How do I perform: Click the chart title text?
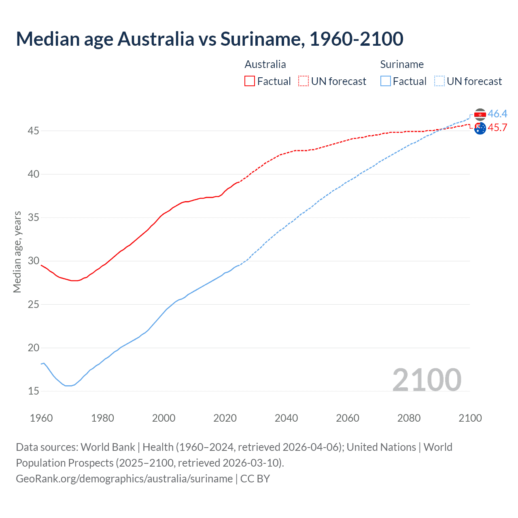210,39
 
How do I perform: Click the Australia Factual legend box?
250,81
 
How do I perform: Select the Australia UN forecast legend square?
304,81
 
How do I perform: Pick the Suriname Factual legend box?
386,81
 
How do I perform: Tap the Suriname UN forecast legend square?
439,81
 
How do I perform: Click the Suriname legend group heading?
402,64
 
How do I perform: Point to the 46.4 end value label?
497,114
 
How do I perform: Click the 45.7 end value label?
497,128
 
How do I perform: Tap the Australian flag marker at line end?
480,129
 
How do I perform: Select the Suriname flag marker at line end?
480,115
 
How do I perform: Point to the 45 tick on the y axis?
34,131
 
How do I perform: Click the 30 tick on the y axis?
34,261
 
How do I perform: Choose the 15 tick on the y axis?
34,391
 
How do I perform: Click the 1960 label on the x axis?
41,418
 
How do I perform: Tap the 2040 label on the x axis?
286,418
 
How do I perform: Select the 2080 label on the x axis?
409,418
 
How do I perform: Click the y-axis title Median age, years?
17,252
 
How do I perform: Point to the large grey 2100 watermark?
427,380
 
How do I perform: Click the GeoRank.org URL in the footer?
124,479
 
